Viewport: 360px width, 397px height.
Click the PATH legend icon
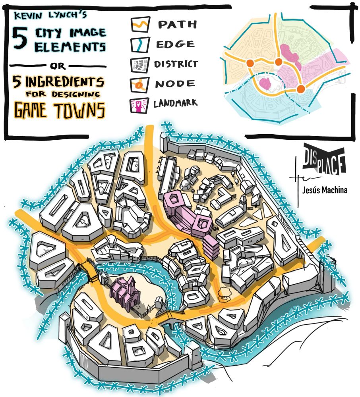[140, 25]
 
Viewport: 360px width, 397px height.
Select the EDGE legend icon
[140, 44]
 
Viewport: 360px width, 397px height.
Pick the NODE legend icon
[140, 84]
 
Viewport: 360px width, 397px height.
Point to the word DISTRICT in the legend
[176, 64]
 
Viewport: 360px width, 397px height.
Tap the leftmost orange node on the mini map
[250, 63]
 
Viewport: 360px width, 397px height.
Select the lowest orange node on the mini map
[301, 88]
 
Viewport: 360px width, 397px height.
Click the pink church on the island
[125, 291]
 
